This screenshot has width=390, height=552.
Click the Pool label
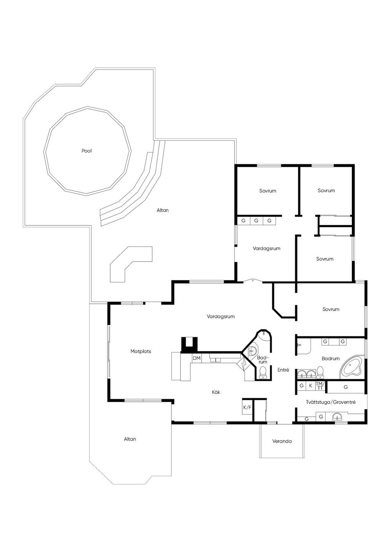(86, 151)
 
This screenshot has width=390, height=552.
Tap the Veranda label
(282, 441)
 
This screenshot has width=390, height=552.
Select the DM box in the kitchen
(197, 358)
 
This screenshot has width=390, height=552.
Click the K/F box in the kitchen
(247, 408)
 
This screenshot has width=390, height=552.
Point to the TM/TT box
(320, 386)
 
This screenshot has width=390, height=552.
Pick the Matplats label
(141, 351)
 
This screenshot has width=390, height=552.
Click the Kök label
(216, 392)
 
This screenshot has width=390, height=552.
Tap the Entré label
(283, 370)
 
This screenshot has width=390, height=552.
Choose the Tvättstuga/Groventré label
(331, 402)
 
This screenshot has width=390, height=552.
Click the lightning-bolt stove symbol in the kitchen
(243, 364)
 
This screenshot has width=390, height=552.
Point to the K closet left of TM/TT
(311, 386)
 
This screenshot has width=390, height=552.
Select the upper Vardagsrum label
(266, 249)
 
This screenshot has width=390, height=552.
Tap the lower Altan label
(130, 439)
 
